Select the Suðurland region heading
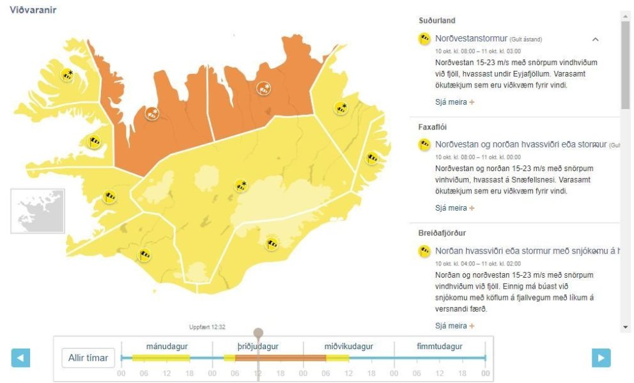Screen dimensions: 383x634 [x=437, y=21]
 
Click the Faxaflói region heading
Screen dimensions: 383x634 [x=433, y=127]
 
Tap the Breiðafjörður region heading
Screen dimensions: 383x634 [x=442, y=233]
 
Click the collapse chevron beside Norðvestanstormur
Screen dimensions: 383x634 [x=595, y=40]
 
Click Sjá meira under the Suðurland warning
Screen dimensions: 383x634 [x=454, y=102]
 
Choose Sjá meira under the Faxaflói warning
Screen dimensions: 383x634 [x=454, y=208]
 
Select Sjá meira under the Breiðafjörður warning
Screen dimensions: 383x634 [x=454, y=326]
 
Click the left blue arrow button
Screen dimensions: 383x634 [x=20, y=357]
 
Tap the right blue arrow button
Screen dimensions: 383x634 [x=601, y=357]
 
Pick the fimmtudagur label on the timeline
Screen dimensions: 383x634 [x=440, y=347]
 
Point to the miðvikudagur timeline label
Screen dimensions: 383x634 [x=348, y=347]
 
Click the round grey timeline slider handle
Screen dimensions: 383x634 [x=258, y=333]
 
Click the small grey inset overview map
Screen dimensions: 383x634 [x=38, y=211]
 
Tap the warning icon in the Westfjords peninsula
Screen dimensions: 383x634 [x=67, y=75]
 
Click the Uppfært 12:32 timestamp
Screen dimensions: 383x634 [x=207, y=327]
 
